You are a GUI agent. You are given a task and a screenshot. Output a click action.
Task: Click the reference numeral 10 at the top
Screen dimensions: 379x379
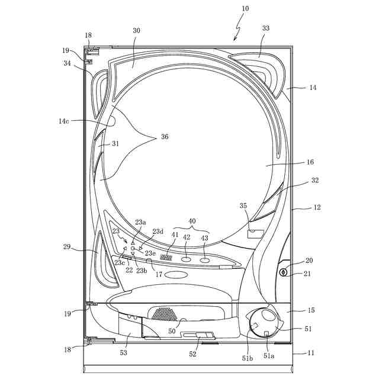click(245, 8)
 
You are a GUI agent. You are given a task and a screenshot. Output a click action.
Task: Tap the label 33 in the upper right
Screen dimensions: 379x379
click(265, 28)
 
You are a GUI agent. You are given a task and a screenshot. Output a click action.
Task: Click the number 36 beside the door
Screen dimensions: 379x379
click(164, 137)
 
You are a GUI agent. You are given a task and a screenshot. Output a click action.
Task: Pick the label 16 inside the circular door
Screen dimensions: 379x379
click(310, 162)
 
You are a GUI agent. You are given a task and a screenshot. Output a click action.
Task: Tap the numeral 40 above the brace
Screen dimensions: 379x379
click(191, 221)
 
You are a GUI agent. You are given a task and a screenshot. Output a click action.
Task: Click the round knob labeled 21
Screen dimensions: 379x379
click(283, 273)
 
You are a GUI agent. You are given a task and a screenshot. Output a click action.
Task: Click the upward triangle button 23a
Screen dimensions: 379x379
click(133, 243)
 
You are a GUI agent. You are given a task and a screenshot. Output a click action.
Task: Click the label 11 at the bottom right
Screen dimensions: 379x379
click(310, 354)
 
